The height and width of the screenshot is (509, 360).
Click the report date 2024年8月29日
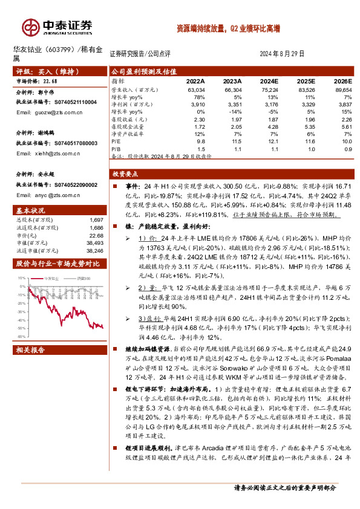coord(281,53)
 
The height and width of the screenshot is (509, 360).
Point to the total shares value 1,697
coord(96,219)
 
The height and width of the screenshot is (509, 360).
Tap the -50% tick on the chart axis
coord(21,336)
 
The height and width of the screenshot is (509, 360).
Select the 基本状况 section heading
coord(30,209)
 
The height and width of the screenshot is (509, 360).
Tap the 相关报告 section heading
coord(30,351)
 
